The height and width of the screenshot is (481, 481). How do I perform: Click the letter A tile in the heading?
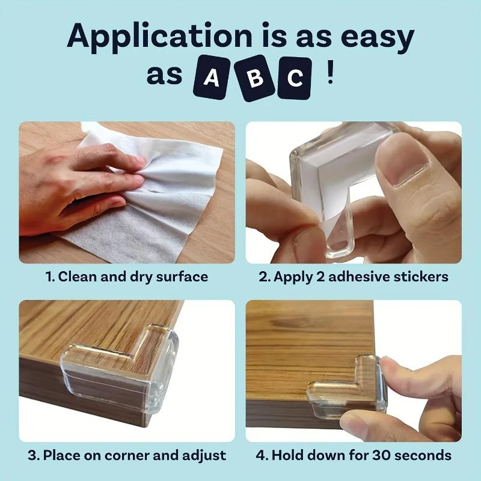[211, 79]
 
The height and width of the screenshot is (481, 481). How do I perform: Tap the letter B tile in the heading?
[253, 78]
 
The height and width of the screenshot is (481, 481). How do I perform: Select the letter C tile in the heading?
[294, 79]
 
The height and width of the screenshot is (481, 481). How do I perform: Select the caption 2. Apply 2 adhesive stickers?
[354, 277]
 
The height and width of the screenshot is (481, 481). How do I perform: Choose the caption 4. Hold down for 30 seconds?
[354, 455]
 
